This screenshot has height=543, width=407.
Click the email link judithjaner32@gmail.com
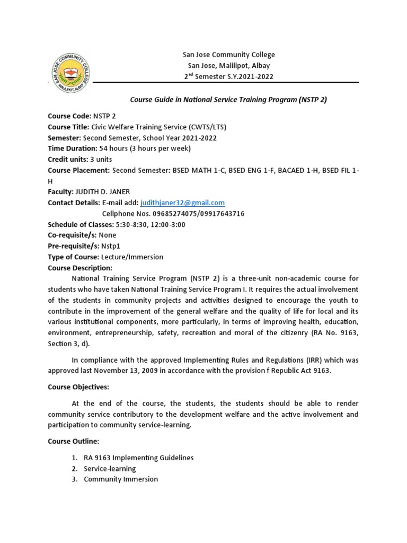click(182, 203)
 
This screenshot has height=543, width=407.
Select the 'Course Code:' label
click(69, 115)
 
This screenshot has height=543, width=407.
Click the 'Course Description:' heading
click(80, 268)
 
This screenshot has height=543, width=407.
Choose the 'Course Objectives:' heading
click(78, 387)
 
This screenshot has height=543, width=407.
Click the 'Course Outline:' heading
click(74, 441)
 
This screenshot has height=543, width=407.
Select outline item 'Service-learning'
click(110, 469)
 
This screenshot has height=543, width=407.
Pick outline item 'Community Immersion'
click(121, 479)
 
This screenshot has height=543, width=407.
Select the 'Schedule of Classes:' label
click(80, 224)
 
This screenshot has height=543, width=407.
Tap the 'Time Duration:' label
click(73, 148)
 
